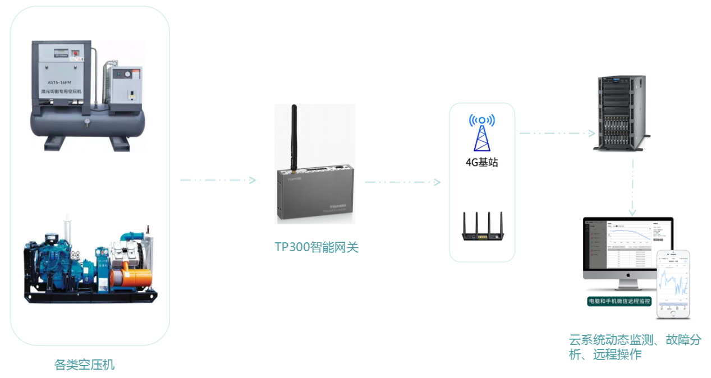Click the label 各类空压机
coord(84,365)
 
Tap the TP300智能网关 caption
coord(316,247)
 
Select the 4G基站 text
coord(481,163)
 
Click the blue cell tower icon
coord(482,135)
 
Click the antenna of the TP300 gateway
coord(293,137)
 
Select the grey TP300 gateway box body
coord(316,193)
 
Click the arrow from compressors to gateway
coord(218,180)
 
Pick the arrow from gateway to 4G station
coord(402,182)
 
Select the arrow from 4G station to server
coord(557,133)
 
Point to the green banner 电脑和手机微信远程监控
coord(620,301)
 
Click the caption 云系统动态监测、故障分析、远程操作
coord(635,347)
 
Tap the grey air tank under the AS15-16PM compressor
coord(87,123)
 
